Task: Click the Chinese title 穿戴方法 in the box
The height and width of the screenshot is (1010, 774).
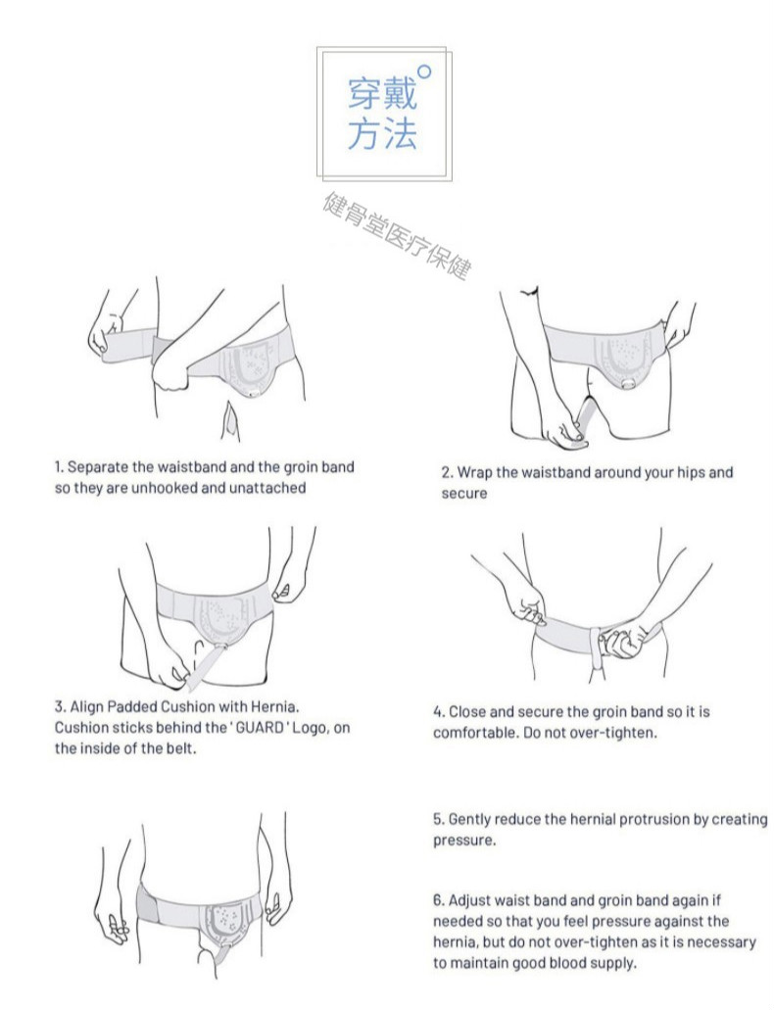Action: pyautogui.click(x=382, y=115)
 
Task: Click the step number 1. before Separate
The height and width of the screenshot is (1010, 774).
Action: pyautogui.click(x=59, y=467)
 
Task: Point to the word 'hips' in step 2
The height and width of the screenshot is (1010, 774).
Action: pyautogui.click(x=679, y=472)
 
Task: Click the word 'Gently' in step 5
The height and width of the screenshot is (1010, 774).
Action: pyautogui.click(x=474, y=819)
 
